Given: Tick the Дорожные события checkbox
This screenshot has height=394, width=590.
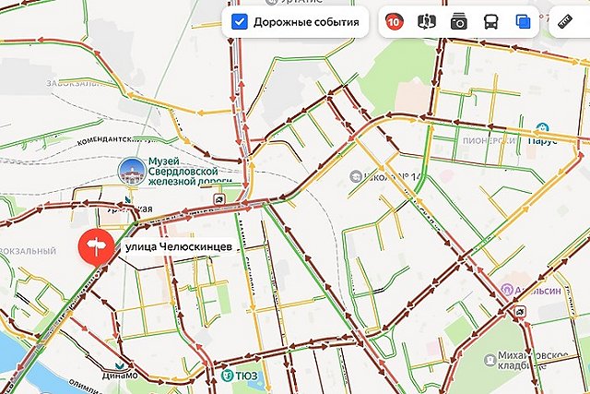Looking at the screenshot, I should pos(240,21).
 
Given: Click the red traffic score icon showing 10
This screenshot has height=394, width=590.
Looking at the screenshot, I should pos(395,21).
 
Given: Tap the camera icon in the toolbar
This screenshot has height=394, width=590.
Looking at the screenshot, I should pos(458,21).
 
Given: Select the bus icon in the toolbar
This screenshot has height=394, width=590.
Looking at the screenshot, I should pos(491,21).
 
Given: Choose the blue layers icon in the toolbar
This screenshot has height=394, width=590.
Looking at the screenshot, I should pos(524,21).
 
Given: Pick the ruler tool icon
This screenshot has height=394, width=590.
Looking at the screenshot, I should pos(569,21).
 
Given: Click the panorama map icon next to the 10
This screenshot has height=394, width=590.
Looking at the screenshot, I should pos(426,21).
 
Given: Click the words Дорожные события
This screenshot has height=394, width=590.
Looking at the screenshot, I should pos(305,21).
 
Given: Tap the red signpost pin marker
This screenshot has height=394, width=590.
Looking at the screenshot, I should pos(94,247).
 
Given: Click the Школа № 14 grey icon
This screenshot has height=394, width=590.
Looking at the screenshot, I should pos(355,175).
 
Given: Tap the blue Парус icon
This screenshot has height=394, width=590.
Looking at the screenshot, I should pos(544,128).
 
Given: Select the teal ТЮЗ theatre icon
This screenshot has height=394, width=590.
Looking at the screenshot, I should pos(227,375).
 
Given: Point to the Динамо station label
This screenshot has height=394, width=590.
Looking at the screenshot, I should pos(120,376).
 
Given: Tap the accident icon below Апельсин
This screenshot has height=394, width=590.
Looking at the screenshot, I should pos(522,314).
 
